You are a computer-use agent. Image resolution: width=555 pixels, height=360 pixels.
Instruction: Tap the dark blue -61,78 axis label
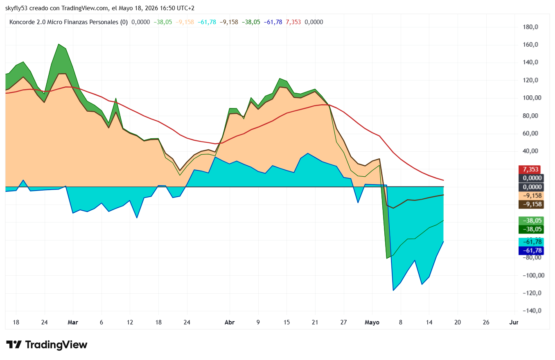[531, 250]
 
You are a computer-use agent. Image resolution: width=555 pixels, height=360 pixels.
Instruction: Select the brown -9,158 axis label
[531, 204]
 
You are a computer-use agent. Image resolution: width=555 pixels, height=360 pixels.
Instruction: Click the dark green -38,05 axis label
[531, 229]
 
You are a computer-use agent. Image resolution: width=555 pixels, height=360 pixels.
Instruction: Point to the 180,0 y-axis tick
[530, 27]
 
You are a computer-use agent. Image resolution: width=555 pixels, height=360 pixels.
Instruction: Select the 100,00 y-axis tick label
[532, 98]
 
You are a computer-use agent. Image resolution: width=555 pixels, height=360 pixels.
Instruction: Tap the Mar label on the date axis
[73, 322]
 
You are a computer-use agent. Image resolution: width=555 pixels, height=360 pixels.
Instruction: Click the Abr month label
[230, 322]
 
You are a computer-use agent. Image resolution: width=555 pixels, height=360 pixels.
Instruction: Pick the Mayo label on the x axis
[372, 322]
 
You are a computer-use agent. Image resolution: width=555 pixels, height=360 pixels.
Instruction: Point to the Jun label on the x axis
[514, 322]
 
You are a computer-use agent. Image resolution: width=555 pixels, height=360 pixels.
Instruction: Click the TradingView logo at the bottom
[47, 344]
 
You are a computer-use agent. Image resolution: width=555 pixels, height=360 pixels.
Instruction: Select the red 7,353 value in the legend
[293, 22]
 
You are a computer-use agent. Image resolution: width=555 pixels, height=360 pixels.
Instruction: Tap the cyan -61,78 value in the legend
[207, 22]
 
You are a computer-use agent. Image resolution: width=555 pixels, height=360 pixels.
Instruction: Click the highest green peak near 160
[59, 44]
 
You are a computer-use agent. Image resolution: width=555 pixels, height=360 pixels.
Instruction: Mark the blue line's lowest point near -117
[393, 290]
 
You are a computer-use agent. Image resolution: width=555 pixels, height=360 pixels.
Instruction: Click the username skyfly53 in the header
[16, 8]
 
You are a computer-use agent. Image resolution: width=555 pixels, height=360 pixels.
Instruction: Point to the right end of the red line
[444, 180]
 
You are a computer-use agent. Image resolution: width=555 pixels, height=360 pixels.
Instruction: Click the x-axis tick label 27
[343, 322]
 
